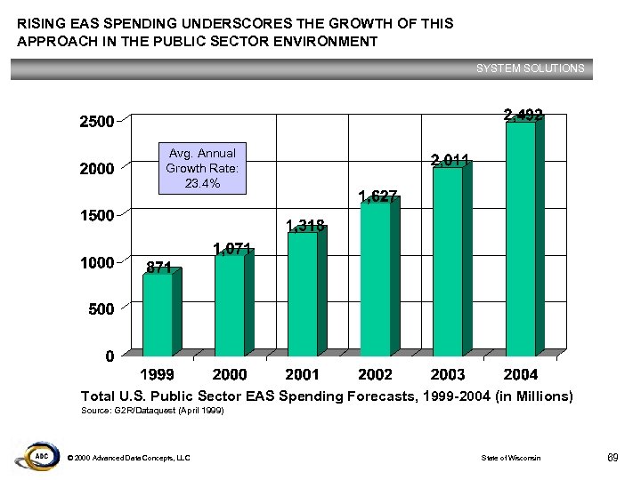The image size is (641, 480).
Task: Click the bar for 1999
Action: pos(158,316)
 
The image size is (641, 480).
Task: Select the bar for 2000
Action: pos(230,307)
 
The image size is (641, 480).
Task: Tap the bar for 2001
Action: pos(303,294)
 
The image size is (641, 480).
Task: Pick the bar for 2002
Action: pos(375,281)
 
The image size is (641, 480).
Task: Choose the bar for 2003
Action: pos(447,262)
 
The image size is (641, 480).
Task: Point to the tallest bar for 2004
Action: pos(520,240)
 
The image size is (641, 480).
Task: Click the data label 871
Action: pos(159,267)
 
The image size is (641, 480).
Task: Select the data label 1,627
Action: pos(377,196)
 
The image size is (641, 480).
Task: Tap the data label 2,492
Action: pos(523,114)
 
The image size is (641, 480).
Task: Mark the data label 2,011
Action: pos(450,160)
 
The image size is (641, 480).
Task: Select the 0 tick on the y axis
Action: pos(108,356)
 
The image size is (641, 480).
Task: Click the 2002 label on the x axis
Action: pos(375,374)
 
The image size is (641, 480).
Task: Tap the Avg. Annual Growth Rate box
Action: pos(201,168)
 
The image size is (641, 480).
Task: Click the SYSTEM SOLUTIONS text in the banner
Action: pos(530,68)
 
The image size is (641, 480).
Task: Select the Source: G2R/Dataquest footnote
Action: pos(152,412)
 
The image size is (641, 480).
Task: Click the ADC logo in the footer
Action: pos(35,455)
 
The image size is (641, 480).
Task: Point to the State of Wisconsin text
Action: pos(510,458)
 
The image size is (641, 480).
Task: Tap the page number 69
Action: pos(612,457)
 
